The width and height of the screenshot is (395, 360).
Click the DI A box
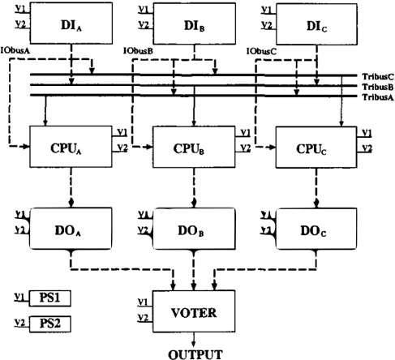tap(71, 24)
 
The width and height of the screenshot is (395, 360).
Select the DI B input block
tap(194, 24)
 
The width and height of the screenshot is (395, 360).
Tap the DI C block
tap(316, 24)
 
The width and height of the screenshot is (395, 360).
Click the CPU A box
tap(71, 147)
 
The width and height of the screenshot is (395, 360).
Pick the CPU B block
tap(194, 147)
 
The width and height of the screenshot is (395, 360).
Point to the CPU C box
tap(316, 148)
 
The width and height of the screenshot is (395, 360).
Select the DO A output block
tap(71, 229)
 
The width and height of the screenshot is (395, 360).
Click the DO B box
tap(194, 229)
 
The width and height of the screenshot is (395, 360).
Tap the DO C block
tap(316, 229)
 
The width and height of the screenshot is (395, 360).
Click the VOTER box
tap(194, 311)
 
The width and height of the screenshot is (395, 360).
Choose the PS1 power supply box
tap(50, 298)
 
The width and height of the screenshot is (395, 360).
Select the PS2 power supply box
tap(50, 324)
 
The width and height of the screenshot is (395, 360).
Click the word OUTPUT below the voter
tap(195, 354)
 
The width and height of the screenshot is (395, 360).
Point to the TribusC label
tap(378, 77)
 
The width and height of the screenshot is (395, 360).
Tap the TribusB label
tap(378, 87)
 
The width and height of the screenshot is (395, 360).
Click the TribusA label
tap(378, 97)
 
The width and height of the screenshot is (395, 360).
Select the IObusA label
tap(15, 50)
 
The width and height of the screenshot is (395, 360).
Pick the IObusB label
tap(138, 51)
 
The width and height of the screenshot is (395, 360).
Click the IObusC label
tap(261, 51)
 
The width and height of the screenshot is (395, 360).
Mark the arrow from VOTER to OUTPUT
tap(194, 340)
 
